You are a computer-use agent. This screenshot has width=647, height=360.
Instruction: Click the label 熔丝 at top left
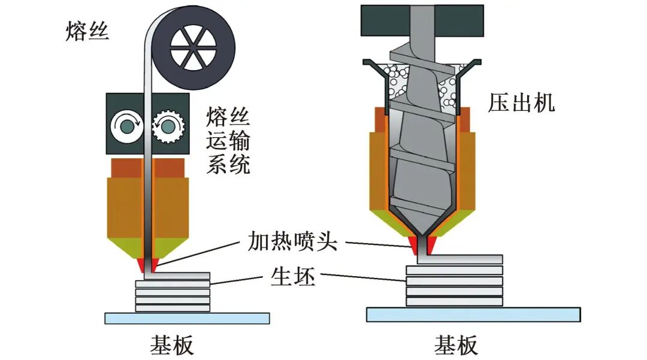coord(87,32)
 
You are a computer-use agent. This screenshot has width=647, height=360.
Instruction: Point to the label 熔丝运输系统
coord(228,141)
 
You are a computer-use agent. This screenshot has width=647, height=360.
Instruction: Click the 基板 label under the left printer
coord(172,346)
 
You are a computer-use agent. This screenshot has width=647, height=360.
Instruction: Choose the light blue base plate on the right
coord(473,314)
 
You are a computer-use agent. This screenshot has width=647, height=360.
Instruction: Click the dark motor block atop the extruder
coord(422,20)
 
